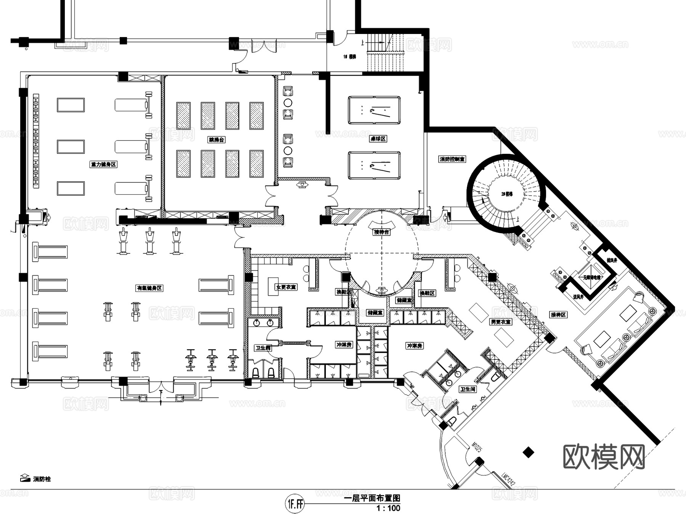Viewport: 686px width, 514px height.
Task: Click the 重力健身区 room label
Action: tap(103, 164)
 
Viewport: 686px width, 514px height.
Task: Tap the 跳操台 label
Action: tap(216, 140)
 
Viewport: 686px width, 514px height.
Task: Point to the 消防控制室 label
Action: tap(452, 159)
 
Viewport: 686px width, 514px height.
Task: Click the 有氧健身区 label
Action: tap(150, 288)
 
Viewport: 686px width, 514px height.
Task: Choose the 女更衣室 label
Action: tap(286, 287)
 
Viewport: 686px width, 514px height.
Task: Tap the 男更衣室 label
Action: tap(500, 322)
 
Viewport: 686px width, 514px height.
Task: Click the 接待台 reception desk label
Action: tap(381, 232)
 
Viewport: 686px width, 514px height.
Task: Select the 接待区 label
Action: tap(558, 315)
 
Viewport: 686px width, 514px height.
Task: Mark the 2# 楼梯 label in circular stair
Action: tap(507, 194)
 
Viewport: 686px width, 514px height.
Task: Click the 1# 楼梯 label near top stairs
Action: tap(349, 56)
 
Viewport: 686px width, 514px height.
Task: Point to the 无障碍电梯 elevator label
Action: tap(591, 277)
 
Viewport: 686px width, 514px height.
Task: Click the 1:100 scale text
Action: tap(388, 508)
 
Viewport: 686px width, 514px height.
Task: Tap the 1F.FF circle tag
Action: tap(295, 504)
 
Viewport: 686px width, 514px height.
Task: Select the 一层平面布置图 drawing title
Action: tap(372, 498)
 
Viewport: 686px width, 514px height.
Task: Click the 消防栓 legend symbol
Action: tap(24, 478)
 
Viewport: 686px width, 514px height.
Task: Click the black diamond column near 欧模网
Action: tap(528, 453)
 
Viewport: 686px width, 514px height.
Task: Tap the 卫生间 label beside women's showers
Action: tap(263, 348)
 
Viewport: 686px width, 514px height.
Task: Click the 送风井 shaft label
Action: tap(578, 296)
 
